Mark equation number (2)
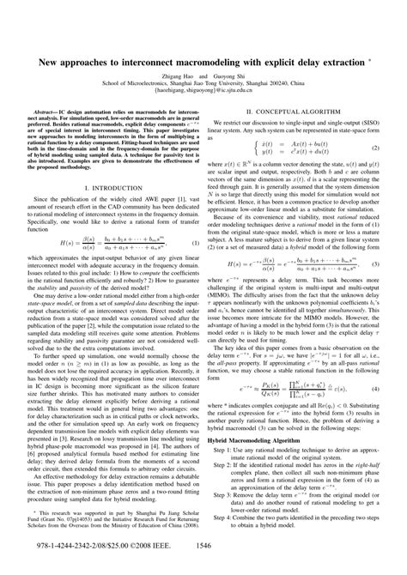pos(375,148)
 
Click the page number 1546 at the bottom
pos(203,544)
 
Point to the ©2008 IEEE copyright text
pos(138,544)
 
